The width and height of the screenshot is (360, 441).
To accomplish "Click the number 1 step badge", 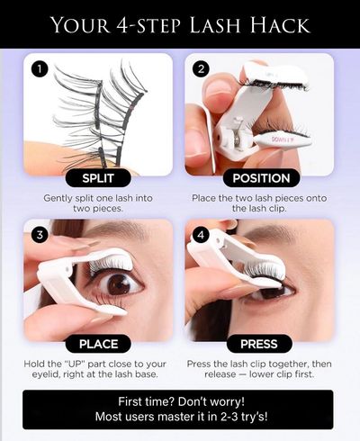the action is (x=40, y=69).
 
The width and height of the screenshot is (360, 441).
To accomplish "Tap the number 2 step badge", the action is (x=201, y=69).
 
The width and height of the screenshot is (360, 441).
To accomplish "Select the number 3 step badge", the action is (x=40, y=235).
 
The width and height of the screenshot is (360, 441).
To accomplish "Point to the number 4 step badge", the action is (x=201, y=235).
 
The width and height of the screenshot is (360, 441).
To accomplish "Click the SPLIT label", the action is (x=98, y=178).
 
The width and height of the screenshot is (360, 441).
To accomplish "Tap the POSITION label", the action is (x=261, y=178).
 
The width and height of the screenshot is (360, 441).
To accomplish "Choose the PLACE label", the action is (x=98, y=344).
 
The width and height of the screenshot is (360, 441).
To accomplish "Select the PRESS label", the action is (x=259, y=344).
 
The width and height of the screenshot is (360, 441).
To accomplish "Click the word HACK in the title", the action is (x=280, y=25).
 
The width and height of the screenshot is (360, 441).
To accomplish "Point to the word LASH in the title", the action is (x=215, y=25).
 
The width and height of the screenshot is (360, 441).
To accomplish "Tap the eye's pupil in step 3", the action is (x=120, y=283).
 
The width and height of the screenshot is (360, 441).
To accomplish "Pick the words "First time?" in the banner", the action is (x=146, y=401).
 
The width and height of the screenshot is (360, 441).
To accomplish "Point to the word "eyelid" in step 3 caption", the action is (x=46, y=374).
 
